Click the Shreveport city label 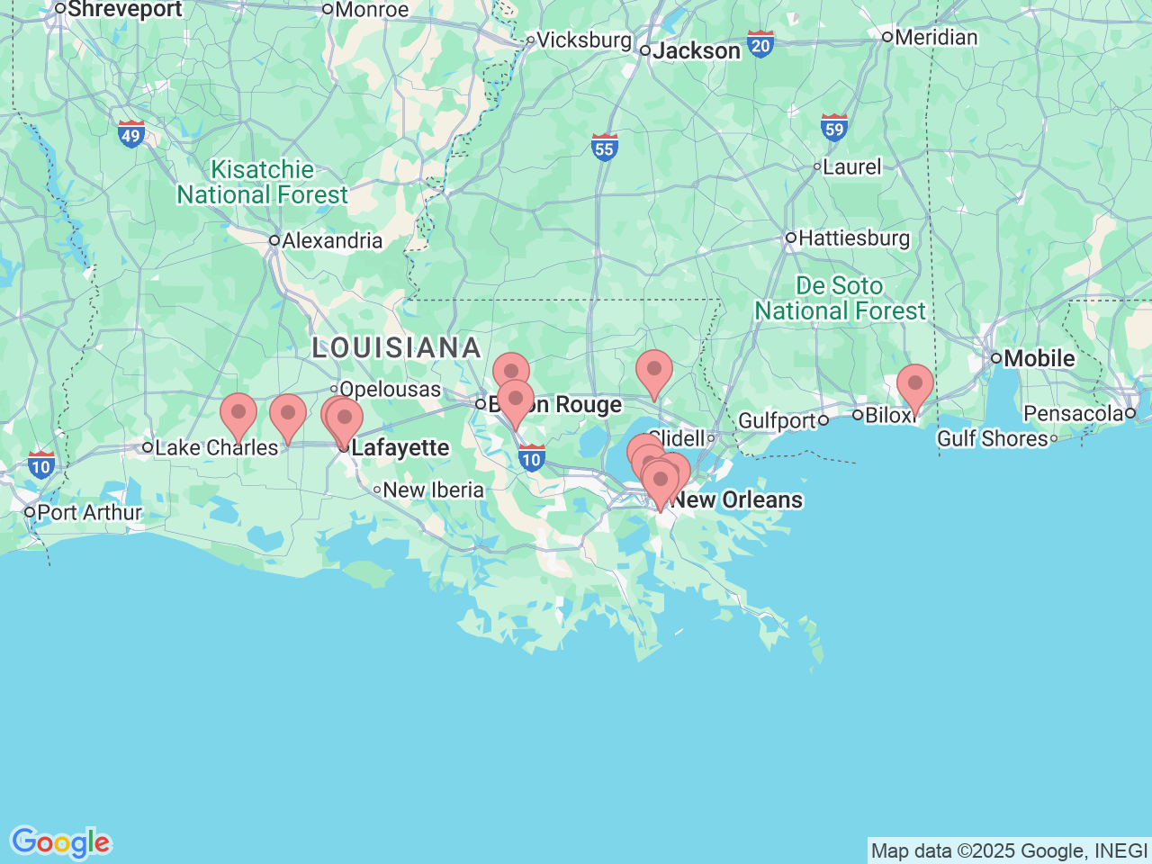pos(124,10)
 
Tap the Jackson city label pos(696,51)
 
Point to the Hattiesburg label pos(853,238)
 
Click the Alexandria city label pos(331,241)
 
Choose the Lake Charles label pos(216,447)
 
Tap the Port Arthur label pos(89,512)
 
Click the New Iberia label pos(433,490)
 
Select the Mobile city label pos(1039,358)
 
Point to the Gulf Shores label pos(993,438)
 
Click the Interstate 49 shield pos(131,135)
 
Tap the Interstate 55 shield pos(604,148)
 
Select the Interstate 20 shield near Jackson pos(760,44)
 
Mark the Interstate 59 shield pos(834,128)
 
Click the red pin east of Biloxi pos(915,384)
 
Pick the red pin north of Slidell pos(654,370)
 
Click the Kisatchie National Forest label pos(262,182)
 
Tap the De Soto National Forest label pos(840,298)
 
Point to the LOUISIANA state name pos(397,347)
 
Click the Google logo pos(60,842)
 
